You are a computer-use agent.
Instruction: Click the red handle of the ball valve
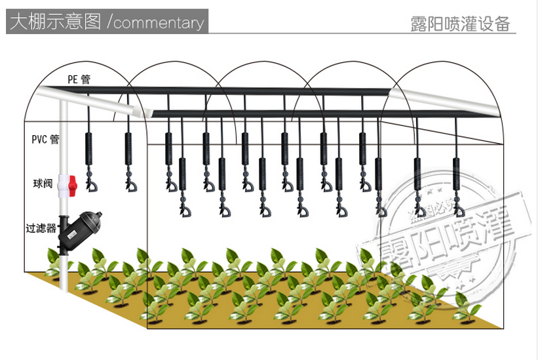73,184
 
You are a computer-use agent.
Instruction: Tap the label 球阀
43,184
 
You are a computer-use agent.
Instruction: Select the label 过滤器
41,229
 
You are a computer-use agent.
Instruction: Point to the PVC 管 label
45,139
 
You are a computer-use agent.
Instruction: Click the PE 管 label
79,79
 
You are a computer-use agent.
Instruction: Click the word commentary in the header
159,23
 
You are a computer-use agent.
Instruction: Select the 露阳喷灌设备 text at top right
459,24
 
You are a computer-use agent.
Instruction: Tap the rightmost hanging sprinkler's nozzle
459,211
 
